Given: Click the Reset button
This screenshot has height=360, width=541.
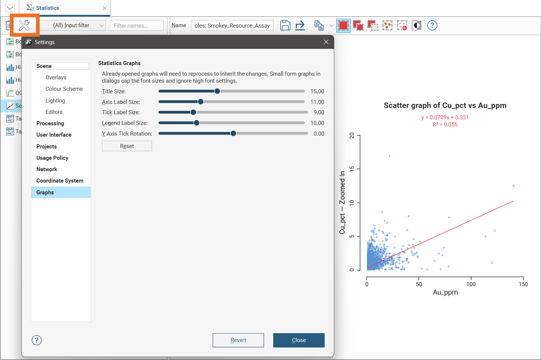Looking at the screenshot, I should tap(127, 146).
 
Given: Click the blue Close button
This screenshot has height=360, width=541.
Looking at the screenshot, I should tap(299, 340).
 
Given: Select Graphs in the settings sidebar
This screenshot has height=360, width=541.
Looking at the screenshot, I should tap(45, 192).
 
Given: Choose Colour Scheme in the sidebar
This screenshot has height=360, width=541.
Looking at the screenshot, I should tap(64, 89).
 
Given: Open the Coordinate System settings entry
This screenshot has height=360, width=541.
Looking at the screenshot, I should tap(60, 181).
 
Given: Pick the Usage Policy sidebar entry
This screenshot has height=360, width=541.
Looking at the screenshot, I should tap(52, 158).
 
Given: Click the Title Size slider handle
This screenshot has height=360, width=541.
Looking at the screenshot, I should tap(217, 91).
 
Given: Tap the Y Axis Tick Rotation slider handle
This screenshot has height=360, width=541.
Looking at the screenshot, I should tap(233, 133).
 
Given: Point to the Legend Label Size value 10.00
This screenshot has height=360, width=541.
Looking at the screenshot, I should tap(317, 123).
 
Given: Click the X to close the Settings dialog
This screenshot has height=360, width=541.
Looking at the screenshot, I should tap(326, 42).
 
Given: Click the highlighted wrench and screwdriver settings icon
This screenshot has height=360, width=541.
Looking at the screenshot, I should tap(24, 25).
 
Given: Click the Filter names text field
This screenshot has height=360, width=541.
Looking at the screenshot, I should tap(137, 25).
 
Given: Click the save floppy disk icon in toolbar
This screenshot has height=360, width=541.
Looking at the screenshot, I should tap(285, 25).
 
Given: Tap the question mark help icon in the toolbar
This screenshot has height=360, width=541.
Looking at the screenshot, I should tap(432, 25).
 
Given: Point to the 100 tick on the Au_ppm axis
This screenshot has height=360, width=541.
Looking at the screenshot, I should tap(471, 284).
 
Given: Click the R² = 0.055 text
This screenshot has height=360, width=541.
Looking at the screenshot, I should tap(445, 125).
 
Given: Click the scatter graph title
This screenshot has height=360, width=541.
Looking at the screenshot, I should tap(445, 105).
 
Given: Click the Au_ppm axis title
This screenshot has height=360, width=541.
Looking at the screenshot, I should tap(445, 292).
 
